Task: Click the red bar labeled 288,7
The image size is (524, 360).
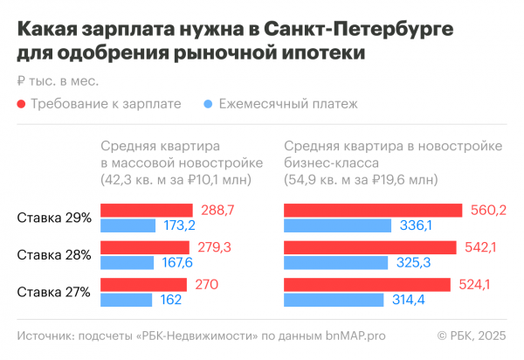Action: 147,210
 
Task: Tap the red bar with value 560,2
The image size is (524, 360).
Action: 373,210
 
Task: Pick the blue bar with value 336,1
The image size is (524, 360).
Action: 337,225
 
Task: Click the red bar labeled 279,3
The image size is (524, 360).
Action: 145,247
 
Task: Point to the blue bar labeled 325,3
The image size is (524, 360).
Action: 335,263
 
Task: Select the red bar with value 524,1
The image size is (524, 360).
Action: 367,285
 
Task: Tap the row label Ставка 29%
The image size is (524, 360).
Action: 54,218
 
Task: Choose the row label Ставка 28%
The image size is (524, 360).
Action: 54,255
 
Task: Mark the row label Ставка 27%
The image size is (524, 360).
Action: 54,293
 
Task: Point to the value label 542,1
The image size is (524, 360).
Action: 480,248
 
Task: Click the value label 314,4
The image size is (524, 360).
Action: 410,301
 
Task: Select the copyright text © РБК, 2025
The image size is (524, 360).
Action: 472,336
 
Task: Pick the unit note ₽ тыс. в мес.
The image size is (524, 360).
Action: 57,81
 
